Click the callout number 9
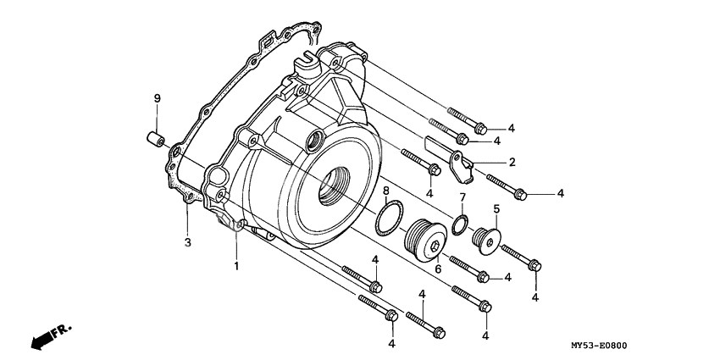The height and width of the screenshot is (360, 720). point(157,100)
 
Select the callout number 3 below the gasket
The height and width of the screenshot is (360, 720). point(188,243)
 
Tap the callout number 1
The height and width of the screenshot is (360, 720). point(237,266)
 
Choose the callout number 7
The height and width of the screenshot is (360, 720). point(462,197)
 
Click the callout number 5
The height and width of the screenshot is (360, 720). point(496,208)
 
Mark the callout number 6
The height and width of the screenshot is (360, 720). point(437,269)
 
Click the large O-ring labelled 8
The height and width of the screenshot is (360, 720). point(389,217)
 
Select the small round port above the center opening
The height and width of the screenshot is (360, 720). point(317,139)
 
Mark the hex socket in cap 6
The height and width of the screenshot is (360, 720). point(435,246)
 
